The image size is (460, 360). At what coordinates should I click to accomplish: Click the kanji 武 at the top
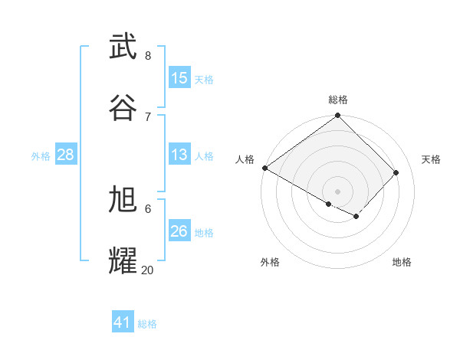pyautogui.click(x=123, y=47)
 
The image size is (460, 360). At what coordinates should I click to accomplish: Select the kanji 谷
pyautogui.click(x=123, y=108)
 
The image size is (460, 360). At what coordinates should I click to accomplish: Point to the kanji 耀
pyautogui.click(x=123, y=260)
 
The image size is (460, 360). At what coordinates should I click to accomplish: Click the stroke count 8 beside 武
pyautogui.click(x=147, y=55)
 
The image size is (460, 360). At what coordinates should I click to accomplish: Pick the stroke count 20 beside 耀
pyautogui.click(x=147, y=270)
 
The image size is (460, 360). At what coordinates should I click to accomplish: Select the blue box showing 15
pyautogui.click(x=179, y=78)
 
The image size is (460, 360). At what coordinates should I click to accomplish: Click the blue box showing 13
pyautogui.click(x=179, y=155)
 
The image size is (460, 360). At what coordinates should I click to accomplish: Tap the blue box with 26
pyautogui.click(x=179, y=231)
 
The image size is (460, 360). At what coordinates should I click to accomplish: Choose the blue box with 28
pyautogui.click(x=66, y=155)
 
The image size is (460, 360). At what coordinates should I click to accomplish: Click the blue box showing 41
pyautogui.click(x=123, y=322)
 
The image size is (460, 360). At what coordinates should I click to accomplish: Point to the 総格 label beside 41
pyautogui.click(x=147, y=324)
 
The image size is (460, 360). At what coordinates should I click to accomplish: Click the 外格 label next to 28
pyautogui.click(x=41, y=156)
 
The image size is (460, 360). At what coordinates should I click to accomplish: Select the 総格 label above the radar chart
pyautogui.click(x=338, y=100)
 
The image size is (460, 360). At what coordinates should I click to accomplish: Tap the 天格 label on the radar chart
pyautogui.click(x=432, y=159)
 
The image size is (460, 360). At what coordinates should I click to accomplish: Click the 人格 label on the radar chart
pyautogui.click(x=245, y=159)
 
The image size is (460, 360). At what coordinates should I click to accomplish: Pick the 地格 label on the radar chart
pyautogui.click(x=402, y=262)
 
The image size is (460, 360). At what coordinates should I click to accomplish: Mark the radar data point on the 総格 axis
pyautogui.click(x=338, y=116)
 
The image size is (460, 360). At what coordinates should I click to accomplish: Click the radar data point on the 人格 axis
pyautogui.click(x=264, y=168)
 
